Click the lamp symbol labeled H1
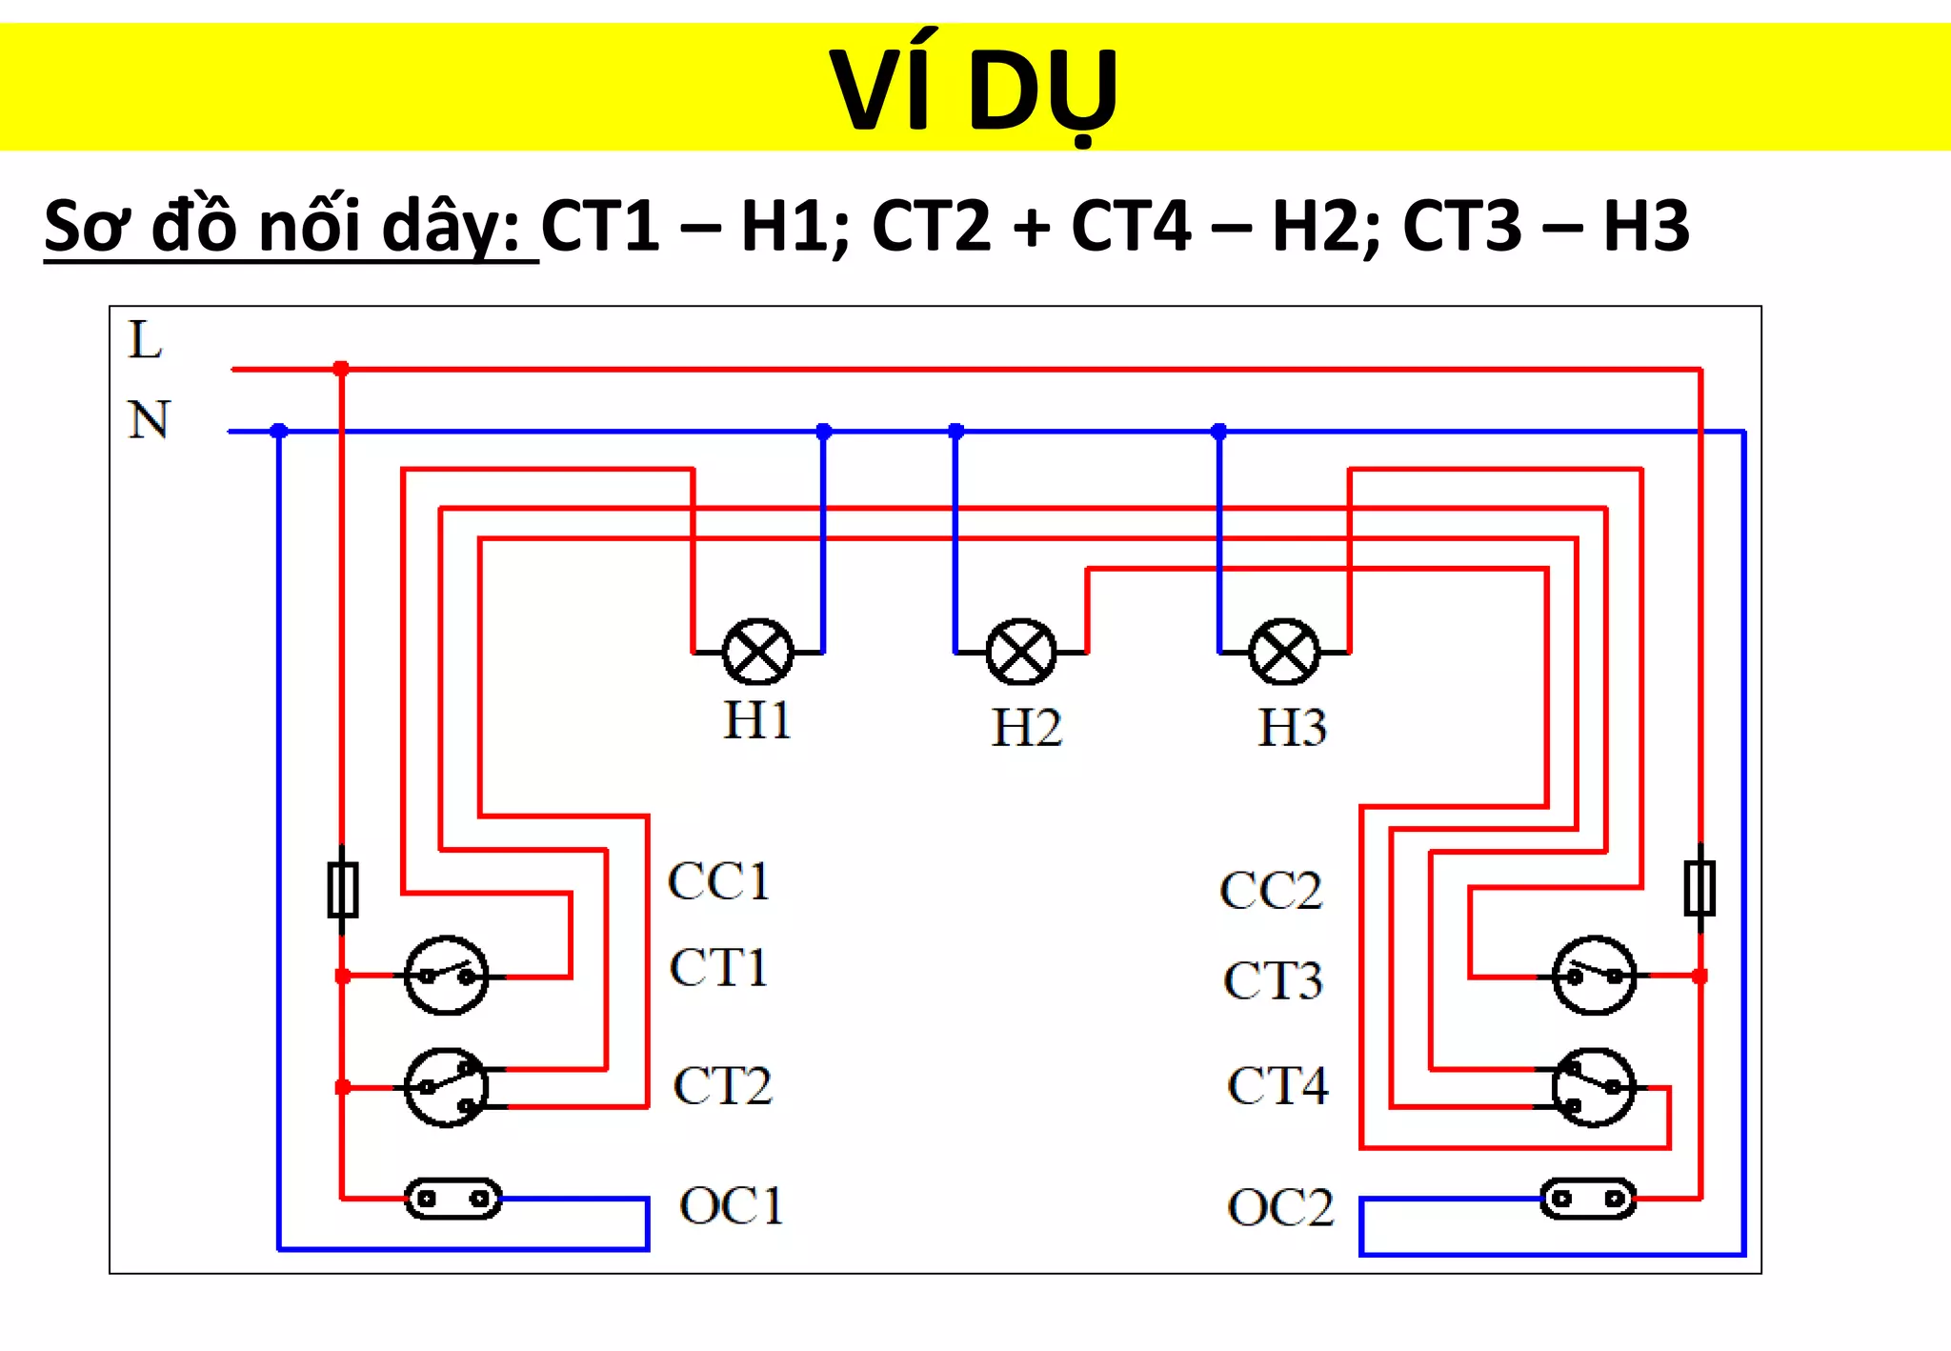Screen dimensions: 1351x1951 tap(758, 653)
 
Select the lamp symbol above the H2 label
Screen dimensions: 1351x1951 tap(1021, 653)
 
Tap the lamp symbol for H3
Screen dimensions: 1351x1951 tap(1284, 653)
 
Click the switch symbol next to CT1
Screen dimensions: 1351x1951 tap(447, 976)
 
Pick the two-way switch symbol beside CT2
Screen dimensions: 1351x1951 tap(447, 1088)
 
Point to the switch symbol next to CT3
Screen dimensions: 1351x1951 tap(1594, 976)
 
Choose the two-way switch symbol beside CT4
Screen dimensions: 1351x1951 tap(1594, 1088)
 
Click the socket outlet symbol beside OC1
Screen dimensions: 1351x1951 tap(453, 1199)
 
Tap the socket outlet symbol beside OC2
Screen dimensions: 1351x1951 tap(1588, 1199)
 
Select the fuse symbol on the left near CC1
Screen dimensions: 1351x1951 tap(343, 889)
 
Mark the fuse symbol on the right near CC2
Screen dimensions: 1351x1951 tap(1700, 888)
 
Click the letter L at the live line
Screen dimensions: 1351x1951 tap(145, 340)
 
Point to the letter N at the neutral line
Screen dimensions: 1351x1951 tap(149, 420)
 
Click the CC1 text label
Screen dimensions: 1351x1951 tap(718, 881)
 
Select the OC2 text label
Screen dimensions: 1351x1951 tap(1280, 1208)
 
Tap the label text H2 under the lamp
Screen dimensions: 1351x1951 tap(1026, 728)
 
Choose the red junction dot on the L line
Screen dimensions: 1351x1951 tap(341, 369)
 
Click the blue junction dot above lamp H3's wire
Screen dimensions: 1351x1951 tap(1218, 432)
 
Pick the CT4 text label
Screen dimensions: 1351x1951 tap(1277, 1086)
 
